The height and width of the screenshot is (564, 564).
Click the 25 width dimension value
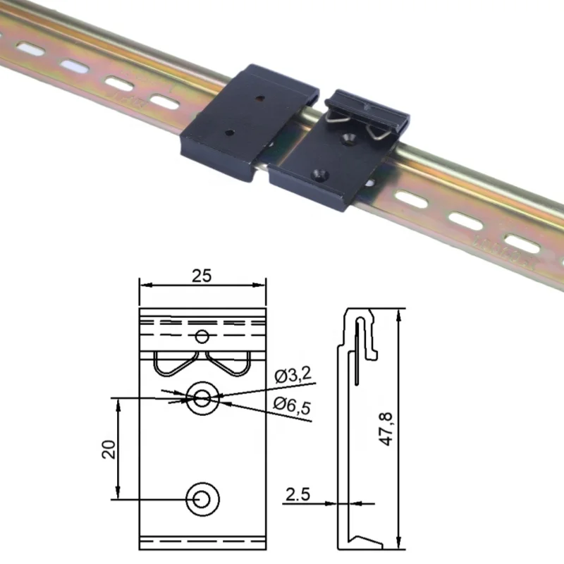pos(202,276)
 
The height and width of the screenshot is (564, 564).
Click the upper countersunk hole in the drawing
pos(202,398)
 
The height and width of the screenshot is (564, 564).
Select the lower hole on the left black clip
pos(229,131)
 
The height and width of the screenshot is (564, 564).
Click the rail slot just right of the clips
pos(407,197)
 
